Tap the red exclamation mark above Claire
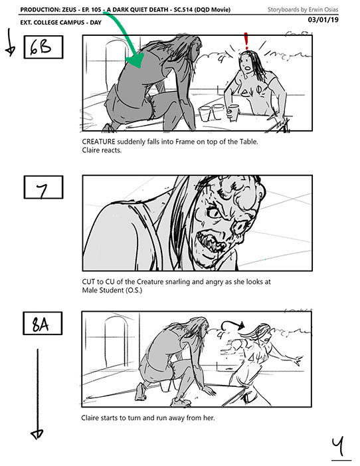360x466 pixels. [246, 41]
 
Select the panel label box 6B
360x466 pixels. [43, 47]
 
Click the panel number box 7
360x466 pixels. [43, 187]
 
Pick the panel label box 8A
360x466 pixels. [43, 323]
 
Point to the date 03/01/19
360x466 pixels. [323, 20]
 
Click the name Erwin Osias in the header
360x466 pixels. [323, 9]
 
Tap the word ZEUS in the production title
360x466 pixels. [68, 9]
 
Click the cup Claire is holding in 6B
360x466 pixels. [233, 113]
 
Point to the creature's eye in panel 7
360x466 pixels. [213, 213]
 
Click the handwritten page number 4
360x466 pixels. [339, 446]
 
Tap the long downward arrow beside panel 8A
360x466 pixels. [37, 394]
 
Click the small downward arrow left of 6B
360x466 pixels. [10, 42]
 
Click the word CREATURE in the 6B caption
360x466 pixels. [98, 142]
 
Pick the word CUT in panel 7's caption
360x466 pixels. [88, 282]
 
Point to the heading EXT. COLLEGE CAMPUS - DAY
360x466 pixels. [61, 23]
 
